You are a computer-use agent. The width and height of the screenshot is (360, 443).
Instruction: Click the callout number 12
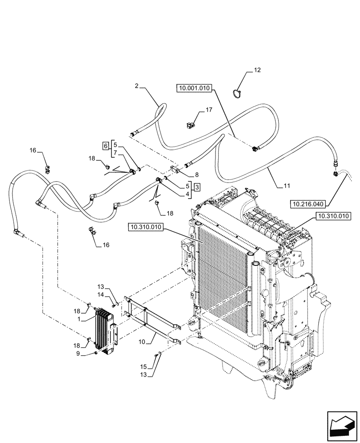pyautogui.click(x=257, y=70)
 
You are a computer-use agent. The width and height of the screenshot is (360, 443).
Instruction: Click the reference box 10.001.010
pyautogui.click(x=195, y=89)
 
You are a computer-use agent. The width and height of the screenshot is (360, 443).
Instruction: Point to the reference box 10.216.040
pyautogui.click(x=308, y=204)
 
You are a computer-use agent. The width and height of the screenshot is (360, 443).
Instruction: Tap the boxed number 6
pyautogui.click(x=105, y=146)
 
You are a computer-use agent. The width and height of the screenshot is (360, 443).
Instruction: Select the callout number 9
pyautogui.click(x=90, y=354)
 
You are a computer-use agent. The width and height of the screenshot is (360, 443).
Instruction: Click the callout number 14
pyautogui.click(x=101, y=294)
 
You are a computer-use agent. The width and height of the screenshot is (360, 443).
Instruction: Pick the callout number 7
pyautogui.click(x=115, y=153)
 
